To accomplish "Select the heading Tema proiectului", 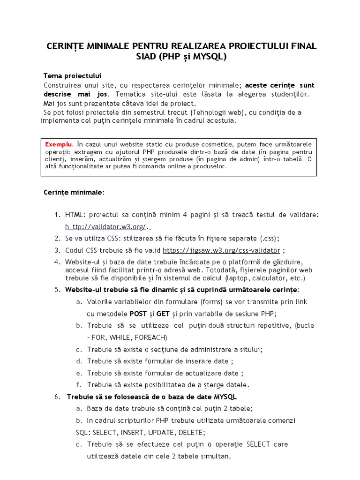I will [72, 75].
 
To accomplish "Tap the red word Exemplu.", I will [59, 143].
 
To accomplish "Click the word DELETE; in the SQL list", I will [191, 432].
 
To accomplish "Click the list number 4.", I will [57, 261].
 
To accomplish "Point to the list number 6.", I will [57, 397].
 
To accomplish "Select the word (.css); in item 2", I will [269, 238].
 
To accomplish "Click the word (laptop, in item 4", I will [252, 278].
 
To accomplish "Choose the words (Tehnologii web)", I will [217, 112].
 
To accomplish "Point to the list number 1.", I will [57, 215].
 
